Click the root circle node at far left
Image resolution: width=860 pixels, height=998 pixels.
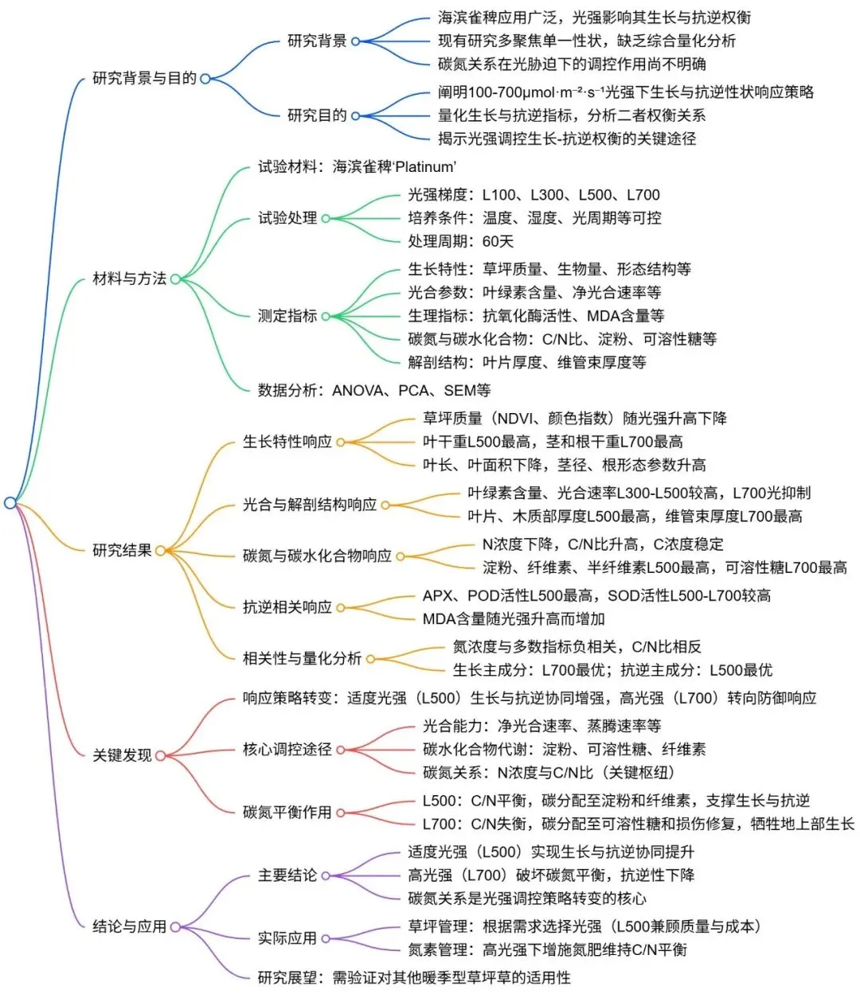point(10,503)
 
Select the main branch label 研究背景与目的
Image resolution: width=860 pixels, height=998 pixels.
point(144,78)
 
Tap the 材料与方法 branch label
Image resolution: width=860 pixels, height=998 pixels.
point(129,279)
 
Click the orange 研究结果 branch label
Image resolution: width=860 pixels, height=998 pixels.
point(122,550)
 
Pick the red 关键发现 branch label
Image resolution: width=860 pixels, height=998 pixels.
point(122,754)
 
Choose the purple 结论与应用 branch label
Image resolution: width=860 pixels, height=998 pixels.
point(129,926)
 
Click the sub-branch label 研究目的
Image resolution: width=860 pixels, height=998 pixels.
point(317,115)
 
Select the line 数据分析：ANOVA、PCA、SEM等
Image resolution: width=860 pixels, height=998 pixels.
point(374,390)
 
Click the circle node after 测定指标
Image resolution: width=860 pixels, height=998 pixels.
point(326,317)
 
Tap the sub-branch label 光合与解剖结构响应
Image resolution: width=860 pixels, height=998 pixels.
point(310,504)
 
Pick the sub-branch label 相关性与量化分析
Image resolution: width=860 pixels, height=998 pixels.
point(303,658)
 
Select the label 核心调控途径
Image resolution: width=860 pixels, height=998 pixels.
point(287,749)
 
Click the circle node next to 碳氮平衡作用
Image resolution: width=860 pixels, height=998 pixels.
point(340,813)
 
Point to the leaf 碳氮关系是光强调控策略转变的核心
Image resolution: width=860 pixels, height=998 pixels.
point(527,898)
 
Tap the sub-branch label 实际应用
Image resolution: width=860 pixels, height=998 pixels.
point(287,938)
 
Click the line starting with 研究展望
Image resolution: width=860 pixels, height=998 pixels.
point(414,977)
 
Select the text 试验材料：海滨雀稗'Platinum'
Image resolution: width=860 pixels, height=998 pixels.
point(357,167)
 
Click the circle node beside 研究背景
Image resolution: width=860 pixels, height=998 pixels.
point(355,41)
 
